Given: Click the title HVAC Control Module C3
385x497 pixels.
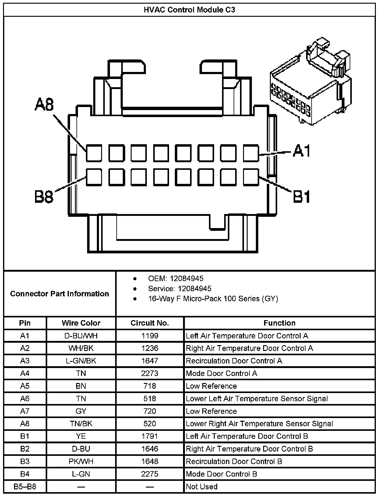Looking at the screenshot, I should click(189, 10).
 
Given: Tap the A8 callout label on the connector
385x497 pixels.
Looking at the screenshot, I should click(44, 104).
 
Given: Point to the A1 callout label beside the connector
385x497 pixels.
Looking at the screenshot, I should click(302, 151).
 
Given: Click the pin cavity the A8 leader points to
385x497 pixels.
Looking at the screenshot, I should click(94, 153).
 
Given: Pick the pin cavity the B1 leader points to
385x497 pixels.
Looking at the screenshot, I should click(251, 177).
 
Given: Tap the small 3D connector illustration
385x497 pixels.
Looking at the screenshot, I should click(311, 82).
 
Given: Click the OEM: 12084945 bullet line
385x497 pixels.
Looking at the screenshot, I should click(176, 278).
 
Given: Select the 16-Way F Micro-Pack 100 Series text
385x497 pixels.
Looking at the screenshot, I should click(213, 299).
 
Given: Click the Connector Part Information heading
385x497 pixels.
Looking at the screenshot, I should click(60, 294).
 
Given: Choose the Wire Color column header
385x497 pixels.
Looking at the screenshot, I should click(81, 323).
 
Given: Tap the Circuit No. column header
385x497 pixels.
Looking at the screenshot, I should click(150, 323).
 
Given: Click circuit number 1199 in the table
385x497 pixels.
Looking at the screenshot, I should click(150, 336).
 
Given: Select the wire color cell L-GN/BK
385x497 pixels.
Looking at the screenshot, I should click(81, 361).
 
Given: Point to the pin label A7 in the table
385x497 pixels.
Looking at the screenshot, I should click(25, 411).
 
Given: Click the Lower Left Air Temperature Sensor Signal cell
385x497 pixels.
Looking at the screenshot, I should click(257, 399).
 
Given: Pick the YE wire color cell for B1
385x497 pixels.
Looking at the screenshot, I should click(81, 436).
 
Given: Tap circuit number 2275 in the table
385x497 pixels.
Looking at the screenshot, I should click(150, 474).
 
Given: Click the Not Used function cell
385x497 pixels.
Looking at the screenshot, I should click(202, 487).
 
